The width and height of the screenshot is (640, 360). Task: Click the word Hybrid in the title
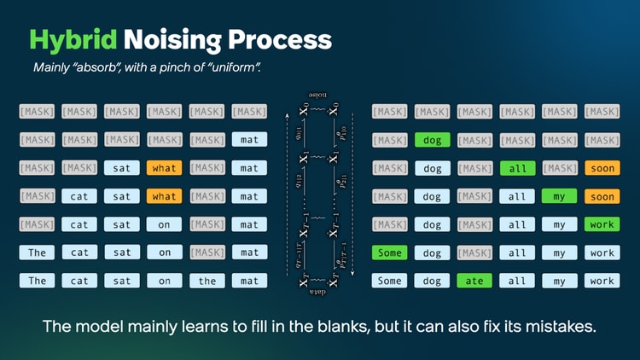pyautogui.click(x=72, y=39)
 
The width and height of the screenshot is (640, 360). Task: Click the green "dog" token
pyautogui.click(x=433, y=140)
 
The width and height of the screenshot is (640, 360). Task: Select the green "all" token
pyautogui.click(x=518, y=168)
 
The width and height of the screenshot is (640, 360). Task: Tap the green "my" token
pyautogui.click(x=560, y=196)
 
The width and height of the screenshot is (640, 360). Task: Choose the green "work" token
pyautogui.click(x=602, y=224)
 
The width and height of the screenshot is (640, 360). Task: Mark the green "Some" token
pyautogui.click(x=390, y=253)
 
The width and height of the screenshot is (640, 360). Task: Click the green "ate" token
pyautogui.click(x=475, y=281)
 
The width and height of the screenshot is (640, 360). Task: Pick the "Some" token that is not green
pyautogui.click(x=390, y=281)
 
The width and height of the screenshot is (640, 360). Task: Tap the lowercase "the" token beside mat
pyautogui.click(x=207, y=281)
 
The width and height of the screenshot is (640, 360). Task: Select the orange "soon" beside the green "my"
pyautogui.click(x=602, y=196)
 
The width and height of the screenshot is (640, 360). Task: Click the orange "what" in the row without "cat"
pyautogui.click(x=165, y=168)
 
